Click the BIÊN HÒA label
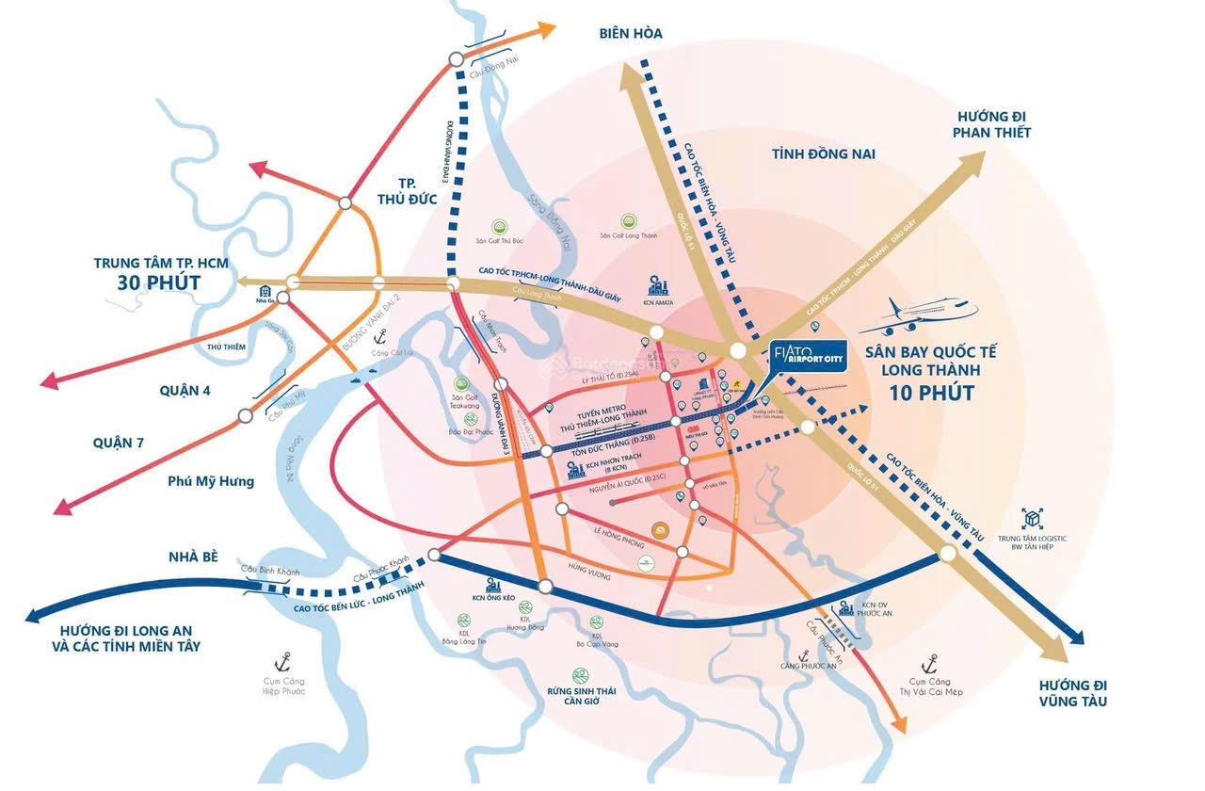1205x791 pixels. click(630, 33)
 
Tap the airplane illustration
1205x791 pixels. click(917, 316)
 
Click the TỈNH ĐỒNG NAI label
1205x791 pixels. click(823, 153)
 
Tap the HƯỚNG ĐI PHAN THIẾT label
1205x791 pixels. click(993, 123)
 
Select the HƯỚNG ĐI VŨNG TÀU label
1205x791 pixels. click(1072, 692)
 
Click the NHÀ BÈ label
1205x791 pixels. click(194, 557)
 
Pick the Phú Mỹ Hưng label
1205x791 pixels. click(211, 480)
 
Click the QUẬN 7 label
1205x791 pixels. click(118, 442)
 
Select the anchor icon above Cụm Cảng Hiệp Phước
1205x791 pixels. click(280, 662)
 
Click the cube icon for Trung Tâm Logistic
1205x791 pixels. click(1033, 518)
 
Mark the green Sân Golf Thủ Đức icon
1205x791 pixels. click(500, 226)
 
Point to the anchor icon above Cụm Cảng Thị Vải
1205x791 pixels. click(930, 662)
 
